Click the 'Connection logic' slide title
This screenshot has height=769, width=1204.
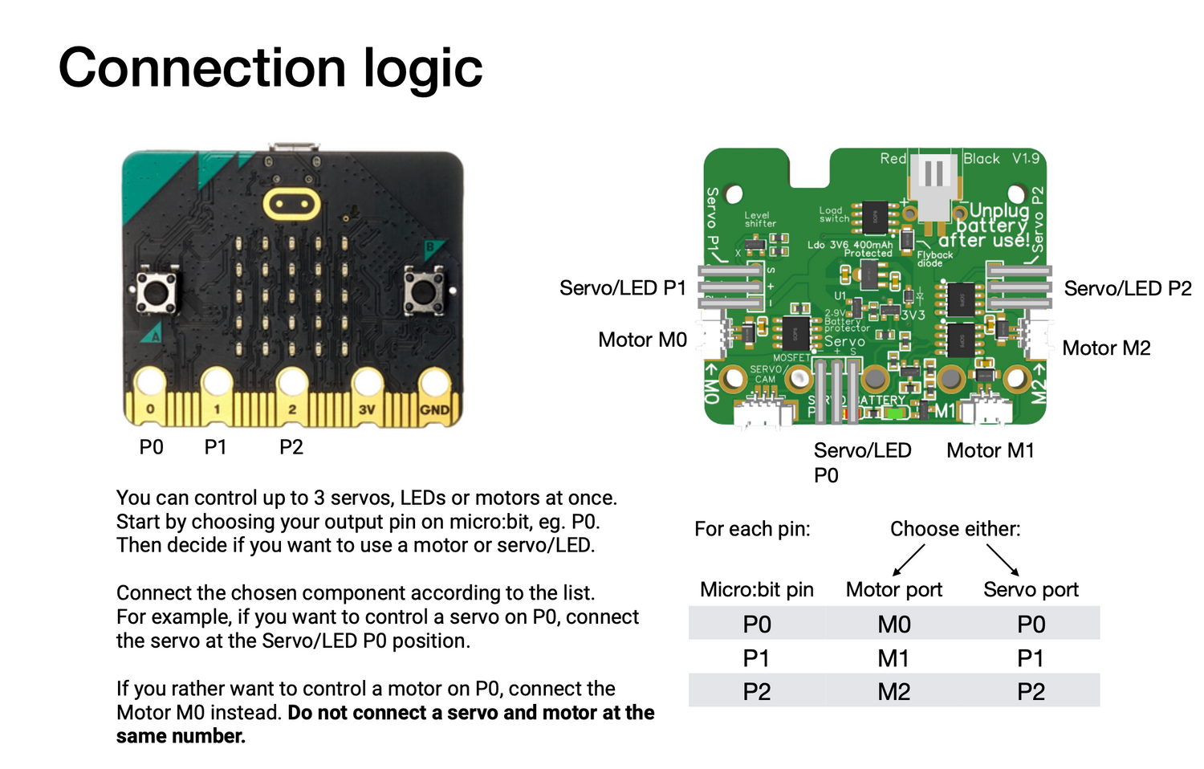270,67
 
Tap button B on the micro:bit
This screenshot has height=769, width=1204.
423,291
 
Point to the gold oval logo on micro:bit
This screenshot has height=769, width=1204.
291,204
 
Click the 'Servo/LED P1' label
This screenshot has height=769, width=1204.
623,288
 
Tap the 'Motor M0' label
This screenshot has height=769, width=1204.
642,340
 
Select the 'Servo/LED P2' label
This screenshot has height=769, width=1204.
1128,288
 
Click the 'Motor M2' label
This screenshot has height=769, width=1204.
1106,348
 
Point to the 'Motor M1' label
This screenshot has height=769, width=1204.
990,450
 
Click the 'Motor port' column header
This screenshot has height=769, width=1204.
894,590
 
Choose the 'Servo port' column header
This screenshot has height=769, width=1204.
1031,590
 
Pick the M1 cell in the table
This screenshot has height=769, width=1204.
893,658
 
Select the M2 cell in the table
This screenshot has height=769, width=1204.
893,692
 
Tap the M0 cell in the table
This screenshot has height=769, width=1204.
893,625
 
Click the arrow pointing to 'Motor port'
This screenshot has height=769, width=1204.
909,559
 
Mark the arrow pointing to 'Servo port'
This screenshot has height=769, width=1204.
1003,559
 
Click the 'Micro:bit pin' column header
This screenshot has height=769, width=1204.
756,590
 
